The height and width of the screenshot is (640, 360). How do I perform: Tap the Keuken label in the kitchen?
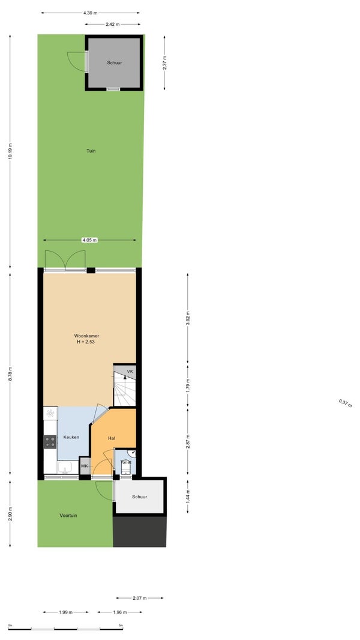[71, 437]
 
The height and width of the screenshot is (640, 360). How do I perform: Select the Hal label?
[112, 438]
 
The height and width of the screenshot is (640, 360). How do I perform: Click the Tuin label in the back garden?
[91, 151]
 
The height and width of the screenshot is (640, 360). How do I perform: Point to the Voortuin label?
[68, 516]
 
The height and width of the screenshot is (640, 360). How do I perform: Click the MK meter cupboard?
[85, 466]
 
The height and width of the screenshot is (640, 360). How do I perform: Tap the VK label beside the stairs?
[130, 372]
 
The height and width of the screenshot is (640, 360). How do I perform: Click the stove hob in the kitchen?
[50, 442]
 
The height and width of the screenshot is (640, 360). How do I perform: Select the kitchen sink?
[65, 467]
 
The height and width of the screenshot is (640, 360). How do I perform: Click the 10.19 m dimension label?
[10, 151]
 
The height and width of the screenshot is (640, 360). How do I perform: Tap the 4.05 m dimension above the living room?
[89, 240]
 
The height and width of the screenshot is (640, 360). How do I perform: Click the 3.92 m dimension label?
[188, 318]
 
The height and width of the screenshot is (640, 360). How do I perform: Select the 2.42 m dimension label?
[113, 25]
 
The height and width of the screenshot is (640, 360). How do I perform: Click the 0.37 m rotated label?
[345, 403]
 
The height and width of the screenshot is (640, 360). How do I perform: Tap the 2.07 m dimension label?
[140, 598]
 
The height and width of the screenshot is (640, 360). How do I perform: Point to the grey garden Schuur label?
[115, 63]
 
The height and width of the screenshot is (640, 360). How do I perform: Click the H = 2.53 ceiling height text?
[86, 342]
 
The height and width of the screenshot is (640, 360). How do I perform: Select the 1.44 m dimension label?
[188, 496]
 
